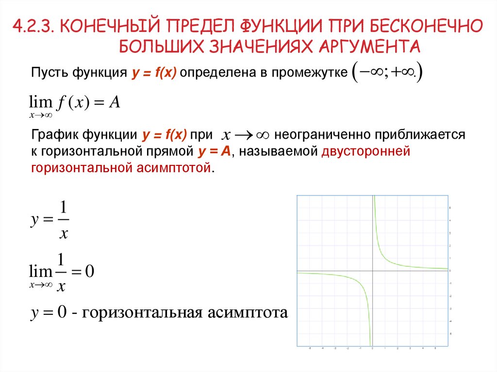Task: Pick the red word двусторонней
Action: (x=365, y=151)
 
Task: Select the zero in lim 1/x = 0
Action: (x=89, y=272)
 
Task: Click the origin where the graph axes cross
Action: (x=373, y=271)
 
